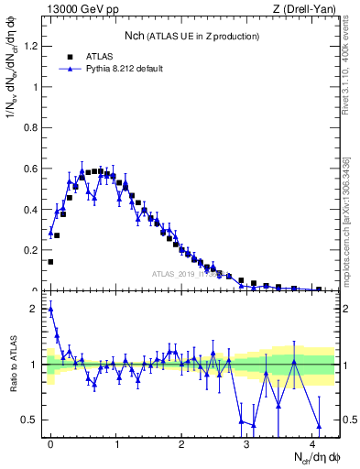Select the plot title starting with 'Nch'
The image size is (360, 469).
pos(191,36)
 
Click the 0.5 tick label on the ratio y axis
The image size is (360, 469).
pos(31,420)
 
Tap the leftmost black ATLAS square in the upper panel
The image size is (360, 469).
pos(50,261)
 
